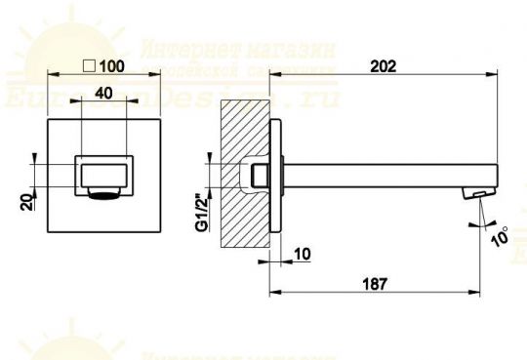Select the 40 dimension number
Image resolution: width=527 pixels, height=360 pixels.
click(104, 94)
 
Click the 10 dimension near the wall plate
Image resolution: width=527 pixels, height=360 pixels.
click(301, 255)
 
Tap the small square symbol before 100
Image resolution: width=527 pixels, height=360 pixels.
click(90, 66)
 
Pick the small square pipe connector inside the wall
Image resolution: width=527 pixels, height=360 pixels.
click(260, 176)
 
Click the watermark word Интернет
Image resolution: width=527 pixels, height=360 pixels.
click(177, 49)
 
